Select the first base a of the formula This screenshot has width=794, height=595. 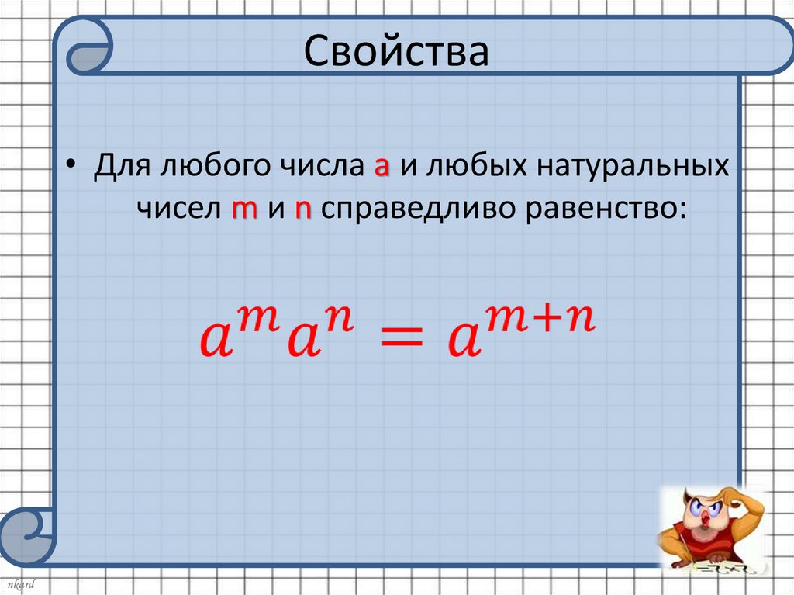coord(216,343)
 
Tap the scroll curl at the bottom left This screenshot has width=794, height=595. coord(26,534)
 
